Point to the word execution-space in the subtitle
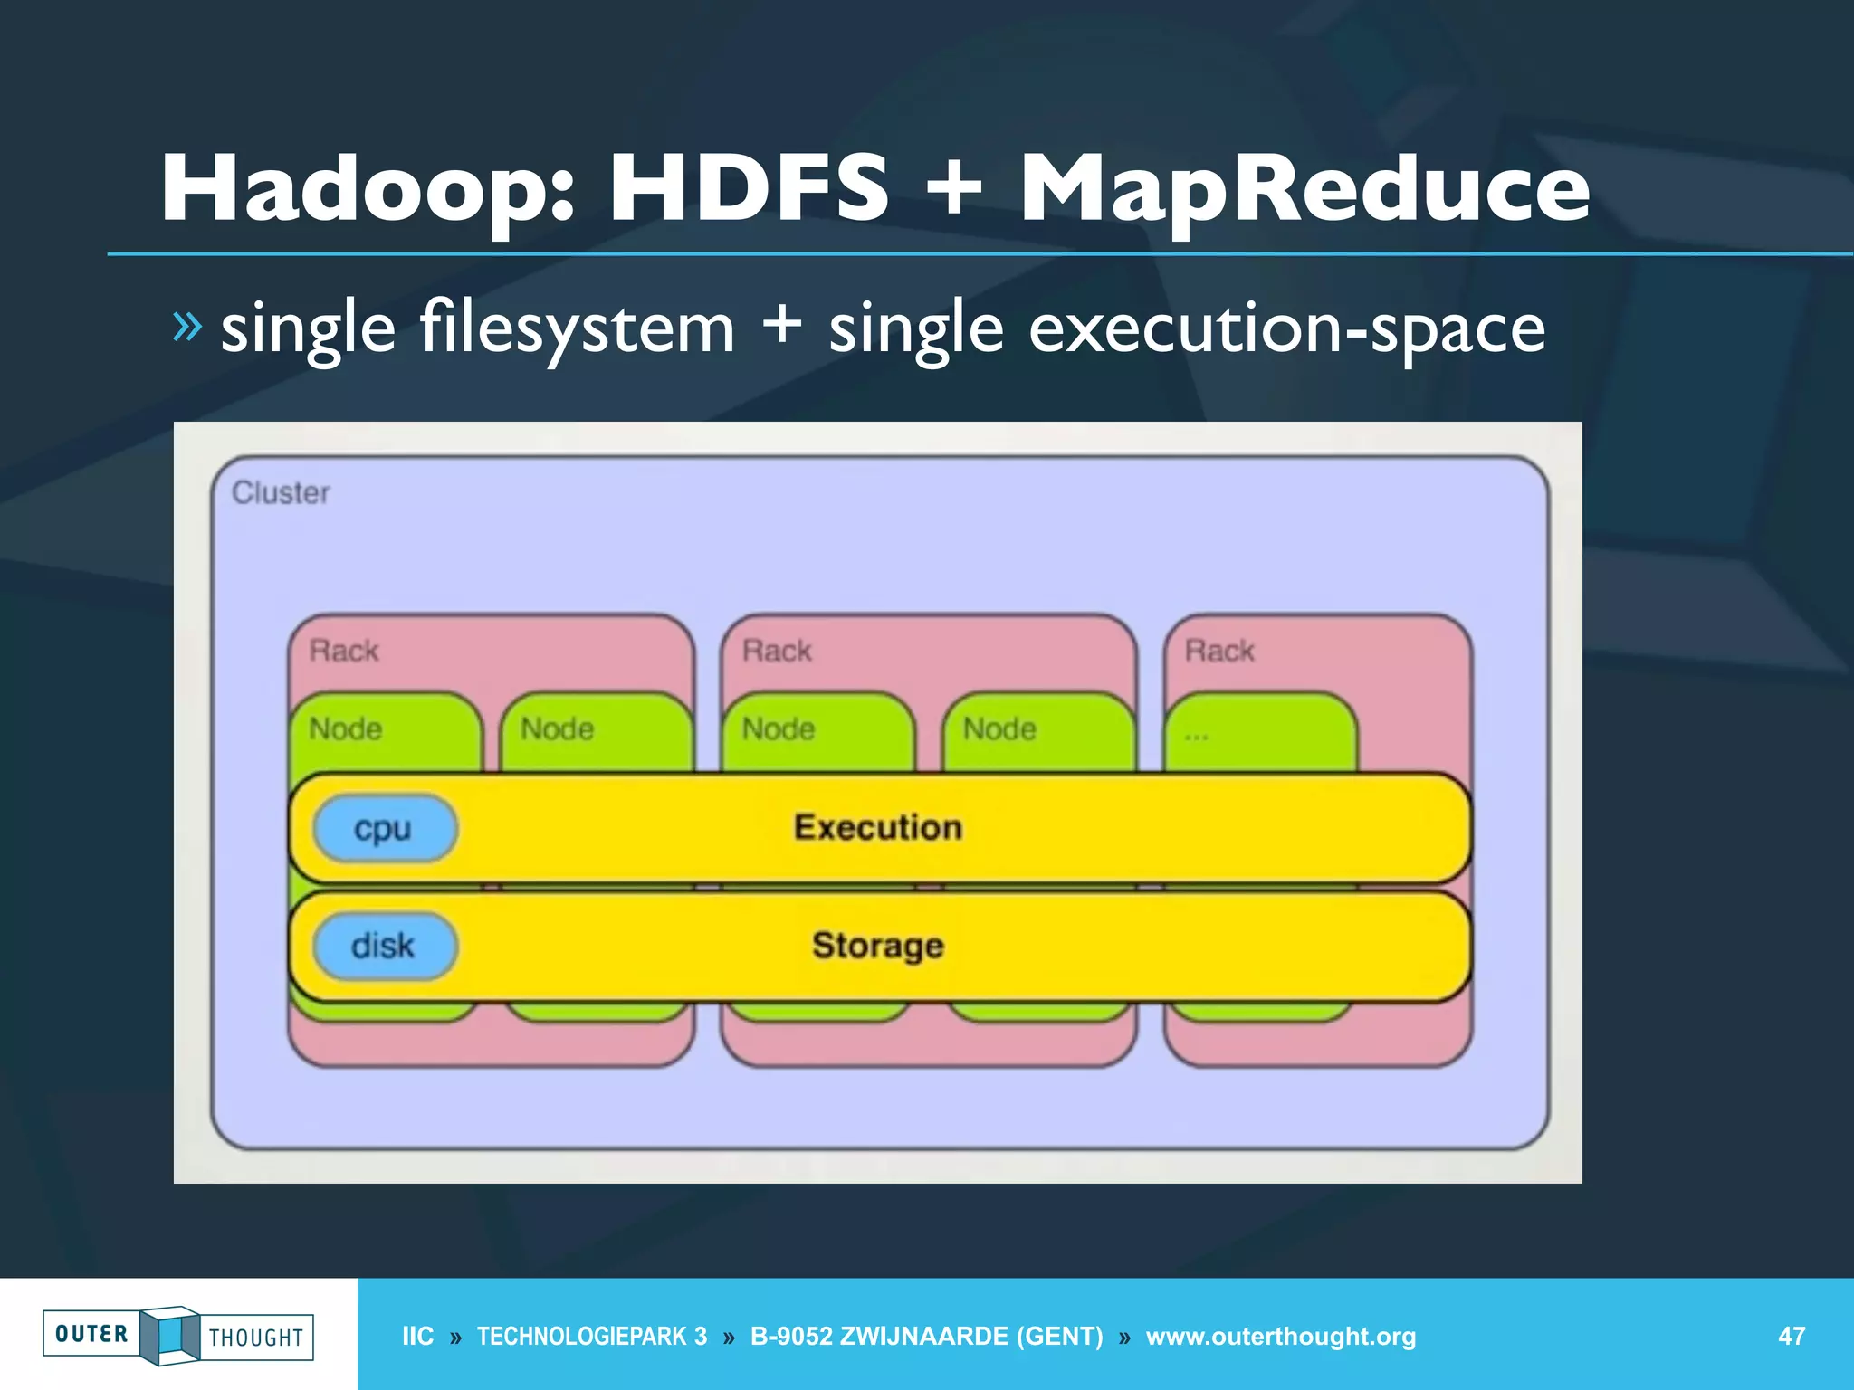pos(1286,328)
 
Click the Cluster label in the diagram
pos(281,493)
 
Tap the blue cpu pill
pos(384,828)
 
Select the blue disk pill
pos(384,946)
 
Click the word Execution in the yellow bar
pos(877,827)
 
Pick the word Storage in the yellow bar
pos(877,946)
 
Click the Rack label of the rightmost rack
pos(1218,651)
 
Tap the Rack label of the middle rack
pos(777,651)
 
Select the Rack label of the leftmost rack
pos(344,651)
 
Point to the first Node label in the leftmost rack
pos(345,728)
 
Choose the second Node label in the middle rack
pos(999,728)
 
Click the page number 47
pos(1791,1336)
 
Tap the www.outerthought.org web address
pos(1280,1336)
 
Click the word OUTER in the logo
pos(91,1334)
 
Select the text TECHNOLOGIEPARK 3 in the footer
pos(591,1336)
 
